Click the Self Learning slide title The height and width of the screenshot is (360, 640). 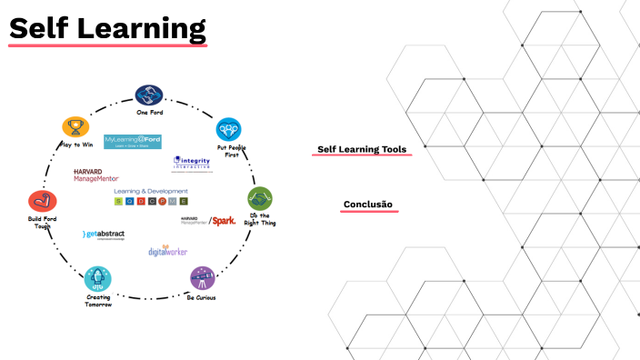(107, 28)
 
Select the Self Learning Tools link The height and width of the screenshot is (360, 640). (361, 149)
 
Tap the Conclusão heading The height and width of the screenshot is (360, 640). (367, 205)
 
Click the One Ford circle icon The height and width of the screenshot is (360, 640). (148, 95)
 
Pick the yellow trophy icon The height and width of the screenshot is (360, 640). (73, 126)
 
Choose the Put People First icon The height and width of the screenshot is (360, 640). (228, 128)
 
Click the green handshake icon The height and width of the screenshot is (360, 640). (261, 197)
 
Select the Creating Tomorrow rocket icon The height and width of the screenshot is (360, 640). (97, 278)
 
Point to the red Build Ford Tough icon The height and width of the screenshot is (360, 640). (41, 201)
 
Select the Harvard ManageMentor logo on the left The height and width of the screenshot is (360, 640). (95, 175)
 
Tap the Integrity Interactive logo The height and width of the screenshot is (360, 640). (192, 163)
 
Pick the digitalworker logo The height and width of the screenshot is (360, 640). (167, 250)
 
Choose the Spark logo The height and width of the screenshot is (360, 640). (223, 220)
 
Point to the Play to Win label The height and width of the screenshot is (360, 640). (75, 145)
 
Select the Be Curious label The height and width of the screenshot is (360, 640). (201, 297)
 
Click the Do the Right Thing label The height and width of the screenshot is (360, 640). (260, 220)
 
